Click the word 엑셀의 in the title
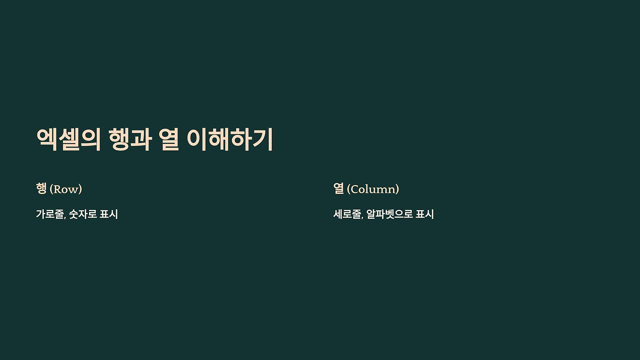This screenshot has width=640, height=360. tap(68, 139)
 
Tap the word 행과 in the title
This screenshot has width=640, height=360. tap(130, 139)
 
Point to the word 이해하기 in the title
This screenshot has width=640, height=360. tap(229, 139)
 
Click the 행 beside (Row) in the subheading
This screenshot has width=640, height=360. tap(41, 188)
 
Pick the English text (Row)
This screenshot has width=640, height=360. tap(66, 189)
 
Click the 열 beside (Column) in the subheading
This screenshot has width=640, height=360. tap(338, 188)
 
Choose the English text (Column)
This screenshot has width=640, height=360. tap(373, 189)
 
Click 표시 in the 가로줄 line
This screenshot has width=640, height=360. tap(109, 214)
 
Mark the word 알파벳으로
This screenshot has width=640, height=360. tap(389, 214)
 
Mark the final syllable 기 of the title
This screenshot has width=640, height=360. tap(263, 139)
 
